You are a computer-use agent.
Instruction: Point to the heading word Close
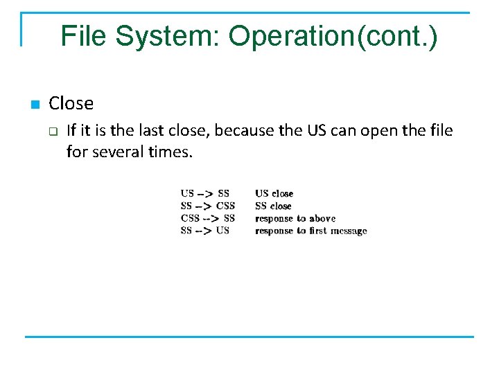(71, 104)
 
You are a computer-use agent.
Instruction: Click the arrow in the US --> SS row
(205, 193)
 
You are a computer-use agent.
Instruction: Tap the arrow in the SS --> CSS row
(204, 206)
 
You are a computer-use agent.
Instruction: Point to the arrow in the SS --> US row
(204, 231)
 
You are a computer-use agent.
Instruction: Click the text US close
(274, 193)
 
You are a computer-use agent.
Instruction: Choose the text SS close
(273, 206)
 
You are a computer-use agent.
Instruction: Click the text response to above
(295, 218)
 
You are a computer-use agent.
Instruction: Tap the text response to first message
(310, 231)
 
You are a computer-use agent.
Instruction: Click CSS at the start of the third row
(190, 218)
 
